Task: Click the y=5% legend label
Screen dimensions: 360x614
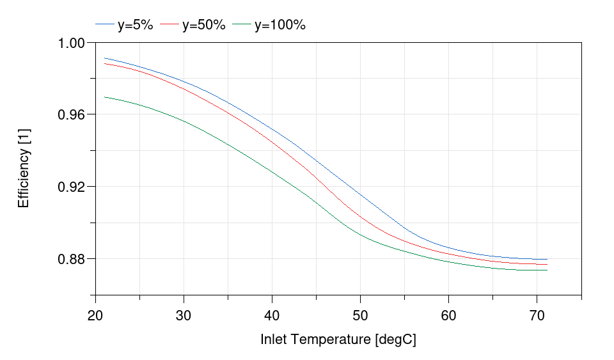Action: pyautogui.click(x=135, y=25)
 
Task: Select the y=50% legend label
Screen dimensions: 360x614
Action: pyautogui.click(x=203, y=25)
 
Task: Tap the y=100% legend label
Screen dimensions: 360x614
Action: pyautogui.click(x=279, y=25)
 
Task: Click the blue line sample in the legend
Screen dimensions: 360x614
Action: pyautogui.click(x=104, y=25)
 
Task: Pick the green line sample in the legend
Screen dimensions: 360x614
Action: pyautogui.click(x=241, y=25)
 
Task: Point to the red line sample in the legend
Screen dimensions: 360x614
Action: pyautogui.click(x=169, y=25)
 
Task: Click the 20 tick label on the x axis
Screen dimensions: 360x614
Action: pyautogui.click(x=95, y=316)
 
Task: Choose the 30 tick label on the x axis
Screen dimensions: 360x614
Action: pyautogui.click(x=184, y=316)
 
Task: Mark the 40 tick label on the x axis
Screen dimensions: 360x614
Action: pyautogui.click(x=272, y=316)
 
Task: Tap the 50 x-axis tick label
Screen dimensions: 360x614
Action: pyautogui.click(x=361, y=316)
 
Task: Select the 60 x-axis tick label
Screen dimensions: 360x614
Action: pyautogui.click(x=449, y=316)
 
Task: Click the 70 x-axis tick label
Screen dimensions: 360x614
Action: pyautogui.click(x=537, y=316)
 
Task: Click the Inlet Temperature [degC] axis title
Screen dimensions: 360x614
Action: pyautogui.click(x=338, y=340)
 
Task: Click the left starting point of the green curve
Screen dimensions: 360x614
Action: pyautogui.click(x=104, y=97)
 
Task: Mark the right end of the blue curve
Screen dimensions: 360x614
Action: pyautogui.click(x=547, y=259)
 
